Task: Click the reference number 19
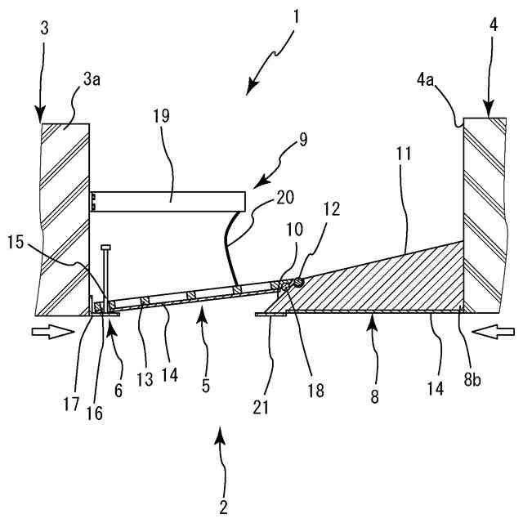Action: [x=160, y=116]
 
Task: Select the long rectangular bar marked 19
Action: [x=168, y=198]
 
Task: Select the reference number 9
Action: [x=303, y=139]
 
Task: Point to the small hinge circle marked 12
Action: [x=299, y=283]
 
